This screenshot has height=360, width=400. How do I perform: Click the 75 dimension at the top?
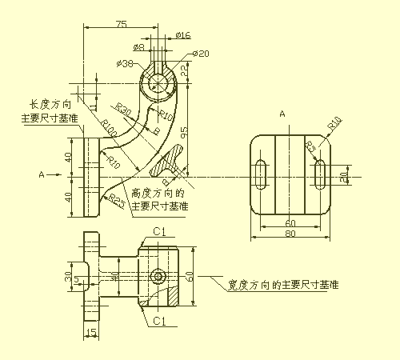click(121, 24)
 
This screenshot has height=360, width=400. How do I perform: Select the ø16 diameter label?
click(182, 35)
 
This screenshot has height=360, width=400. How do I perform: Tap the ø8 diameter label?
click(138, 47)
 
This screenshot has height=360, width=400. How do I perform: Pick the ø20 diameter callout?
click(201, 54)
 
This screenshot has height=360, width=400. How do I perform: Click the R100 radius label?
click(108, 126)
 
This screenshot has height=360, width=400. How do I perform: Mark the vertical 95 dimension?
click(184, 132)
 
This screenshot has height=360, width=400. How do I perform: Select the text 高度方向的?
click(158, 193)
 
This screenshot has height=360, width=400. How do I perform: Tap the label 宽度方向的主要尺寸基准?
click(282, 284)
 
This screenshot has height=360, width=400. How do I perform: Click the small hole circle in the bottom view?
click(159, 277)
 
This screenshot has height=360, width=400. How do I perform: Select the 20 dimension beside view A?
click(344, 175)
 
